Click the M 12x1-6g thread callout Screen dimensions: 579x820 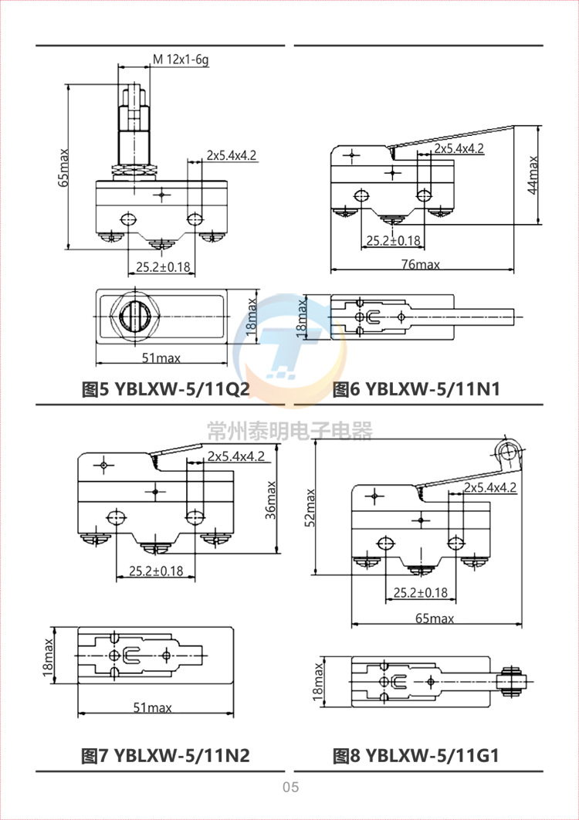pyautogui.click(x=181, y=60)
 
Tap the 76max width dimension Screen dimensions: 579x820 pyautogui.click(x=422, y=264)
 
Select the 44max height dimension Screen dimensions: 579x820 pyautogui.click(x=533, y=175)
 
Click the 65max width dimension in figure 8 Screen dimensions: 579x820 pyautogui.click(x=435, y=618)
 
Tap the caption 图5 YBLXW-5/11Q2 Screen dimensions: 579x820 pyautogui.click(x=166, y=389)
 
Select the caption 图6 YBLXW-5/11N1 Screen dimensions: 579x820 pyautogui.click(x=416, y=389)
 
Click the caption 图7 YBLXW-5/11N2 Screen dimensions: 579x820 pyautogui.click(x=166, y=755)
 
